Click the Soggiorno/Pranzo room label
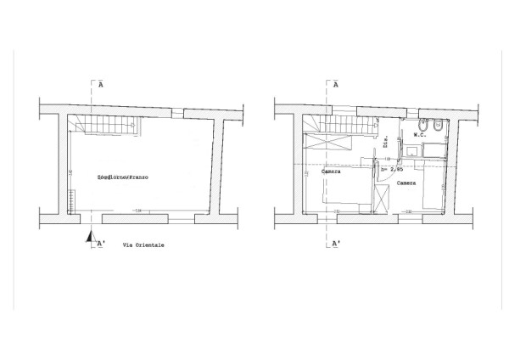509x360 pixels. [x=123, y=177]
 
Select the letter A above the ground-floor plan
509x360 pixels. [x=100, y=85]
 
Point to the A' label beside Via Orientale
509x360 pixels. [x=101, y=244]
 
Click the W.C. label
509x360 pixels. [x=419, y=135]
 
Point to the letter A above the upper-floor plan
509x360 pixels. [x=336, y=85]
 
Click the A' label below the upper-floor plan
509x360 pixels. [x=336, y=244]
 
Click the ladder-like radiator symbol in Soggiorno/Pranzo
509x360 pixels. [x=72, y=203]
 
